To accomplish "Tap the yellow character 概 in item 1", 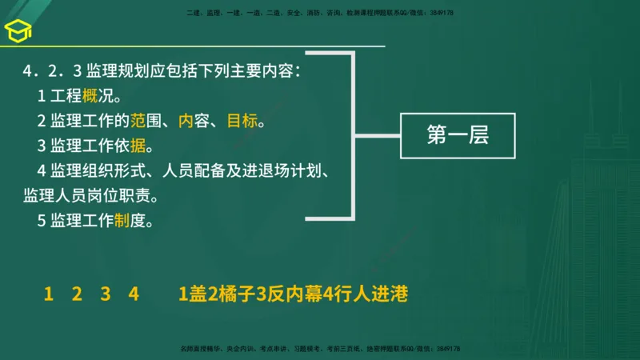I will point(90,98).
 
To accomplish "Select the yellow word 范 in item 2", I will point(138,122).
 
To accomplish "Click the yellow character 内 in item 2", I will point(186,122).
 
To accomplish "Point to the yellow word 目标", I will point(242,122).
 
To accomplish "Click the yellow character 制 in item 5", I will point(122,221).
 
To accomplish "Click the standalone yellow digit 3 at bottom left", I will point(105,294).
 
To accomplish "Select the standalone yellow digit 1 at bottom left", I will point(49,294).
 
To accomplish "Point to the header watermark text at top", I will point(320,13).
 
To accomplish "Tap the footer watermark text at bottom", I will point(320,350).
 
